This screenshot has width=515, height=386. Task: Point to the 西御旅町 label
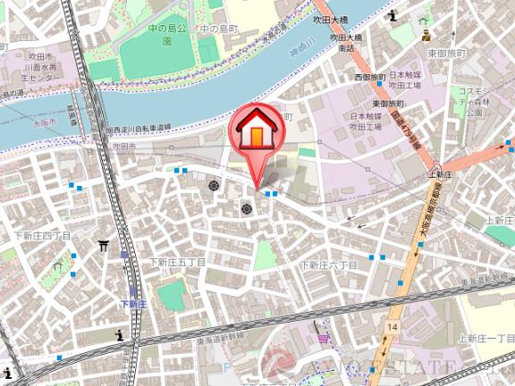(369, 79)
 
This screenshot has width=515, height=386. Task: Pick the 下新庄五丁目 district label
(177, 263)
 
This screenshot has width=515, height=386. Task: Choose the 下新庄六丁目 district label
(328, 265)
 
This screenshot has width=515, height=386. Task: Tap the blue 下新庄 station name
(131, 305)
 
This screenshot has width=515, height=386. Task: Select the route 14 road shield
(392, 328)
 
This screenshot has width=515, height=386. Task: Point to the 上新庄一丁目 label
(486, 339)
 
